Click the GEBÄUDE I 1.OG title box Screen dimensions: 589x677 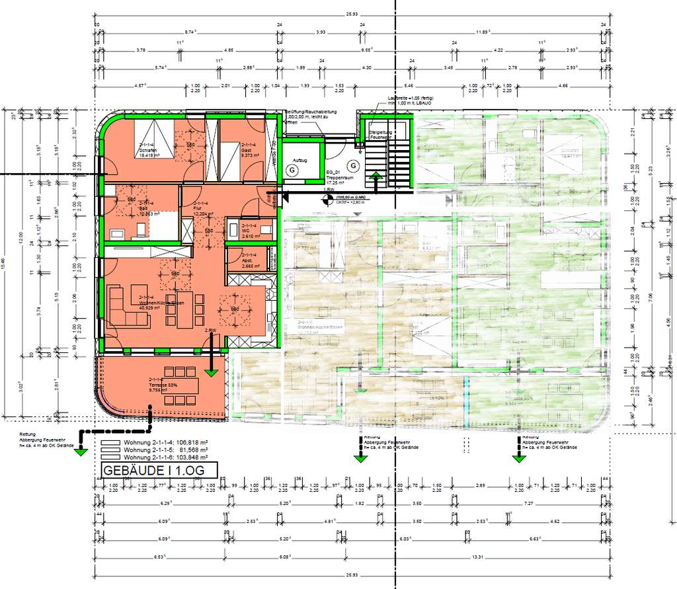(x=158, y=470)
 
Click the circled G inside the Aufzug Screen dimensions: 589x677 (x=290, y=170)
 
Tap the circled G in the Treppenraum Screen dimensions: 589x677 (x=353, y=165)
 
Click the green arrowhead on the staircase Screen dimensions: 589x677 (x=376, y=176)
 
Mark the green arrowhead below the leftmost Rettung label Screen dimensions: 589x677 (x=81, y=452)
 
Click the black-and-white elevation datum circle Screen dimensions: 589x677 (x=326, y=196)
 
